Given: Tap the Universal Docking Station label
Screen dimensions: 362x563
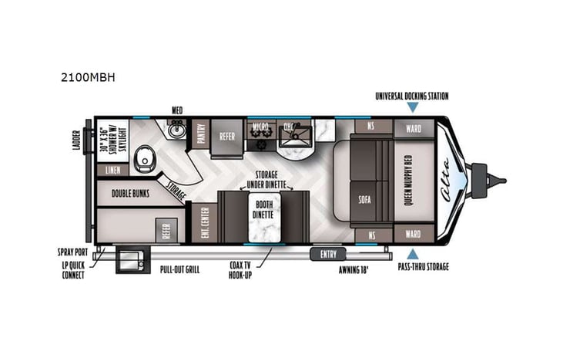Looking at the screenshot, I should (411, 96).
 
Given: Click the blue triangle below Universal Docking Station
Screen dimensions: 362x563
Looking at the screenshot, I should (412, 110).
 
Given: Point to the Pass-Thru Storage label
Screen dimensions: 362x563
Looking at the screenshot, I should (423, 266).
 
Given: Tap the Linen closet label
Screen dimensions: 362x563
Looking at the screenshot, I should (112, 169).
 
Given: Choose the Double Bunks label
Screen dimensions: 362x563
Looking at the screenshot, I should (130, 195).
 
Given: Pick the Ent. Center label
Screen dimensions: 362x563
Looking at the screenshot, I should (203, 224).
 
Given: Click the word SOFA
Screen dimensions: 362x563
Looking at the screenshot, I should (365, 198).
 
